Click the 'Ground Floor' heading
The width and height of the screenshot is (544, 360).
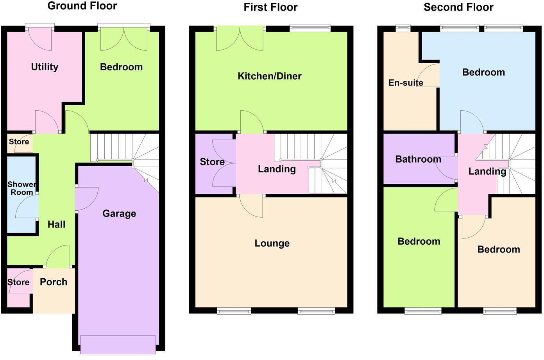click(82, 6)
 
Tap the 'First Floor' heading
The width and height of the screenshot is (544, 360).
click(270, 7)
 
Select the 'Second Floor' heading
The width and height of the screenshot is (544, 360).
click(458, 7)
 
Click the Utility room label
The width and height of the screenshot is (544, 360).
click(45, 67)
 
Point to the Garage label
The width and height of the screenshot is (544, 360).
click(119, 213)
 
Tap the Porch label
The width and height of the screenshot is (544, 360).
click(54, 282)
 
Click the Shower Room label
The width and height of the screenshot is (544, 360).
click(22, 188)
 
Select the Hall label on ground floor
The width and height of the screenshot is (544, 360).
click(56, 224)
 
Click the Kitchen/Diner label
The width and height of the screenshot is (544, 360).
click(270, 76)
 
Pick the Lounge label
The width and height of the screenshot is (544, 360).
click(272, 243)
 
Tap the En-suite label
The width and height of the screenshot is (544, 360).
click(406, 82)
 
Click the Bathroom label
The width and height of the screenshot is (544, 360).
click(418, 159)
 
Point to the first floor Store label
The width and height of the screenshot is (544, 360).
click(212, 162)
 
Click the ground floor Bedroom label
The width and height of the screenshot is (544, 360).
click(121, 67)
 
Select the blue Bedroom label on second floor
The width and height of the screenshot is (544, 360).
click(483, 72)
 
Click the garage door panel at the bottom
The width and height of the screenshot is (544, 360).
click(118, 344)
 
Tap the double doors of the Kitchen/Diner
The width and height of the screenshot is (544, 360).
click(240, 39)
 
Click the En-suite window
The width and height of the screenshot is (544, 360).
click(403, 28)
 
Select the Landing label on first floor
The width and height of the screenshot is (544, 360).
click(277, 169)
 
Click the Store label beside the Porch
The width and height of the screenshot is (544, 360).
click(18, 282)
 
